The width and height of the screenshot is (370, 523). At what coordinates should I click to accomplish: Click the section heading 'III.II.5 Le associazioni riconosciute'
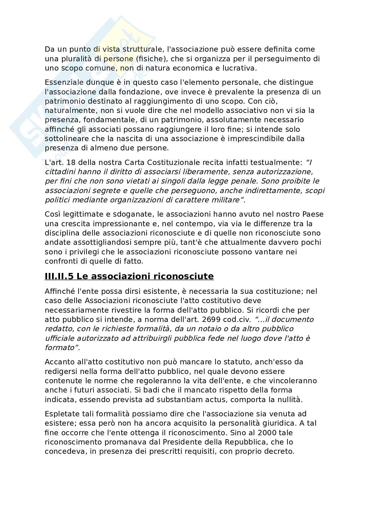[x=129, y=276]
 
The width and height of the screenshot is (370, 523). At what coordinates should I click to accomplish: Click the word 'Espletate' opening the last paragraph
[x=61, y=414]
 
